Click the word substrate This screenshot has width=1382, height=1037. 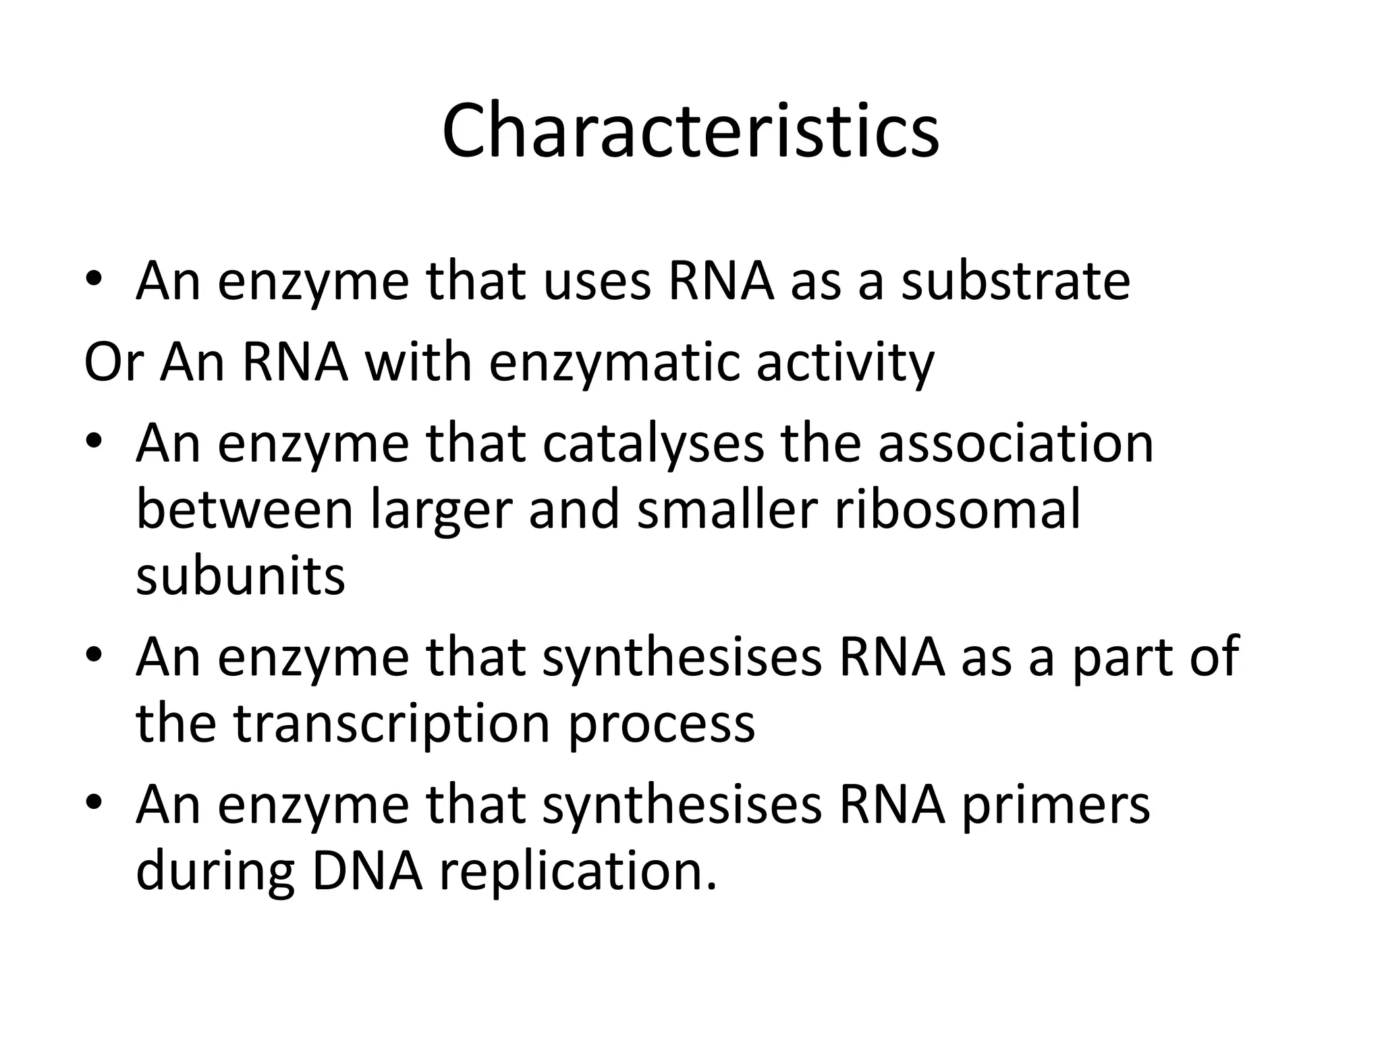pos(1016,282)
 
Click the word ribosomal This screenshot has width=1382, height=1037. pos(958,510)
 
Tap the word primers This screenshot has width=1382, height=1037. pos(1055,807)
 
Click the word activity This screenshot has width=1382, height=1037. pos(845,364)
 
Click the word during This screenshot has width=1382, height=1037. pos(215,873)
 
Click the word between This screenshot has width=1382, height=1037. pos(244,510)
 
